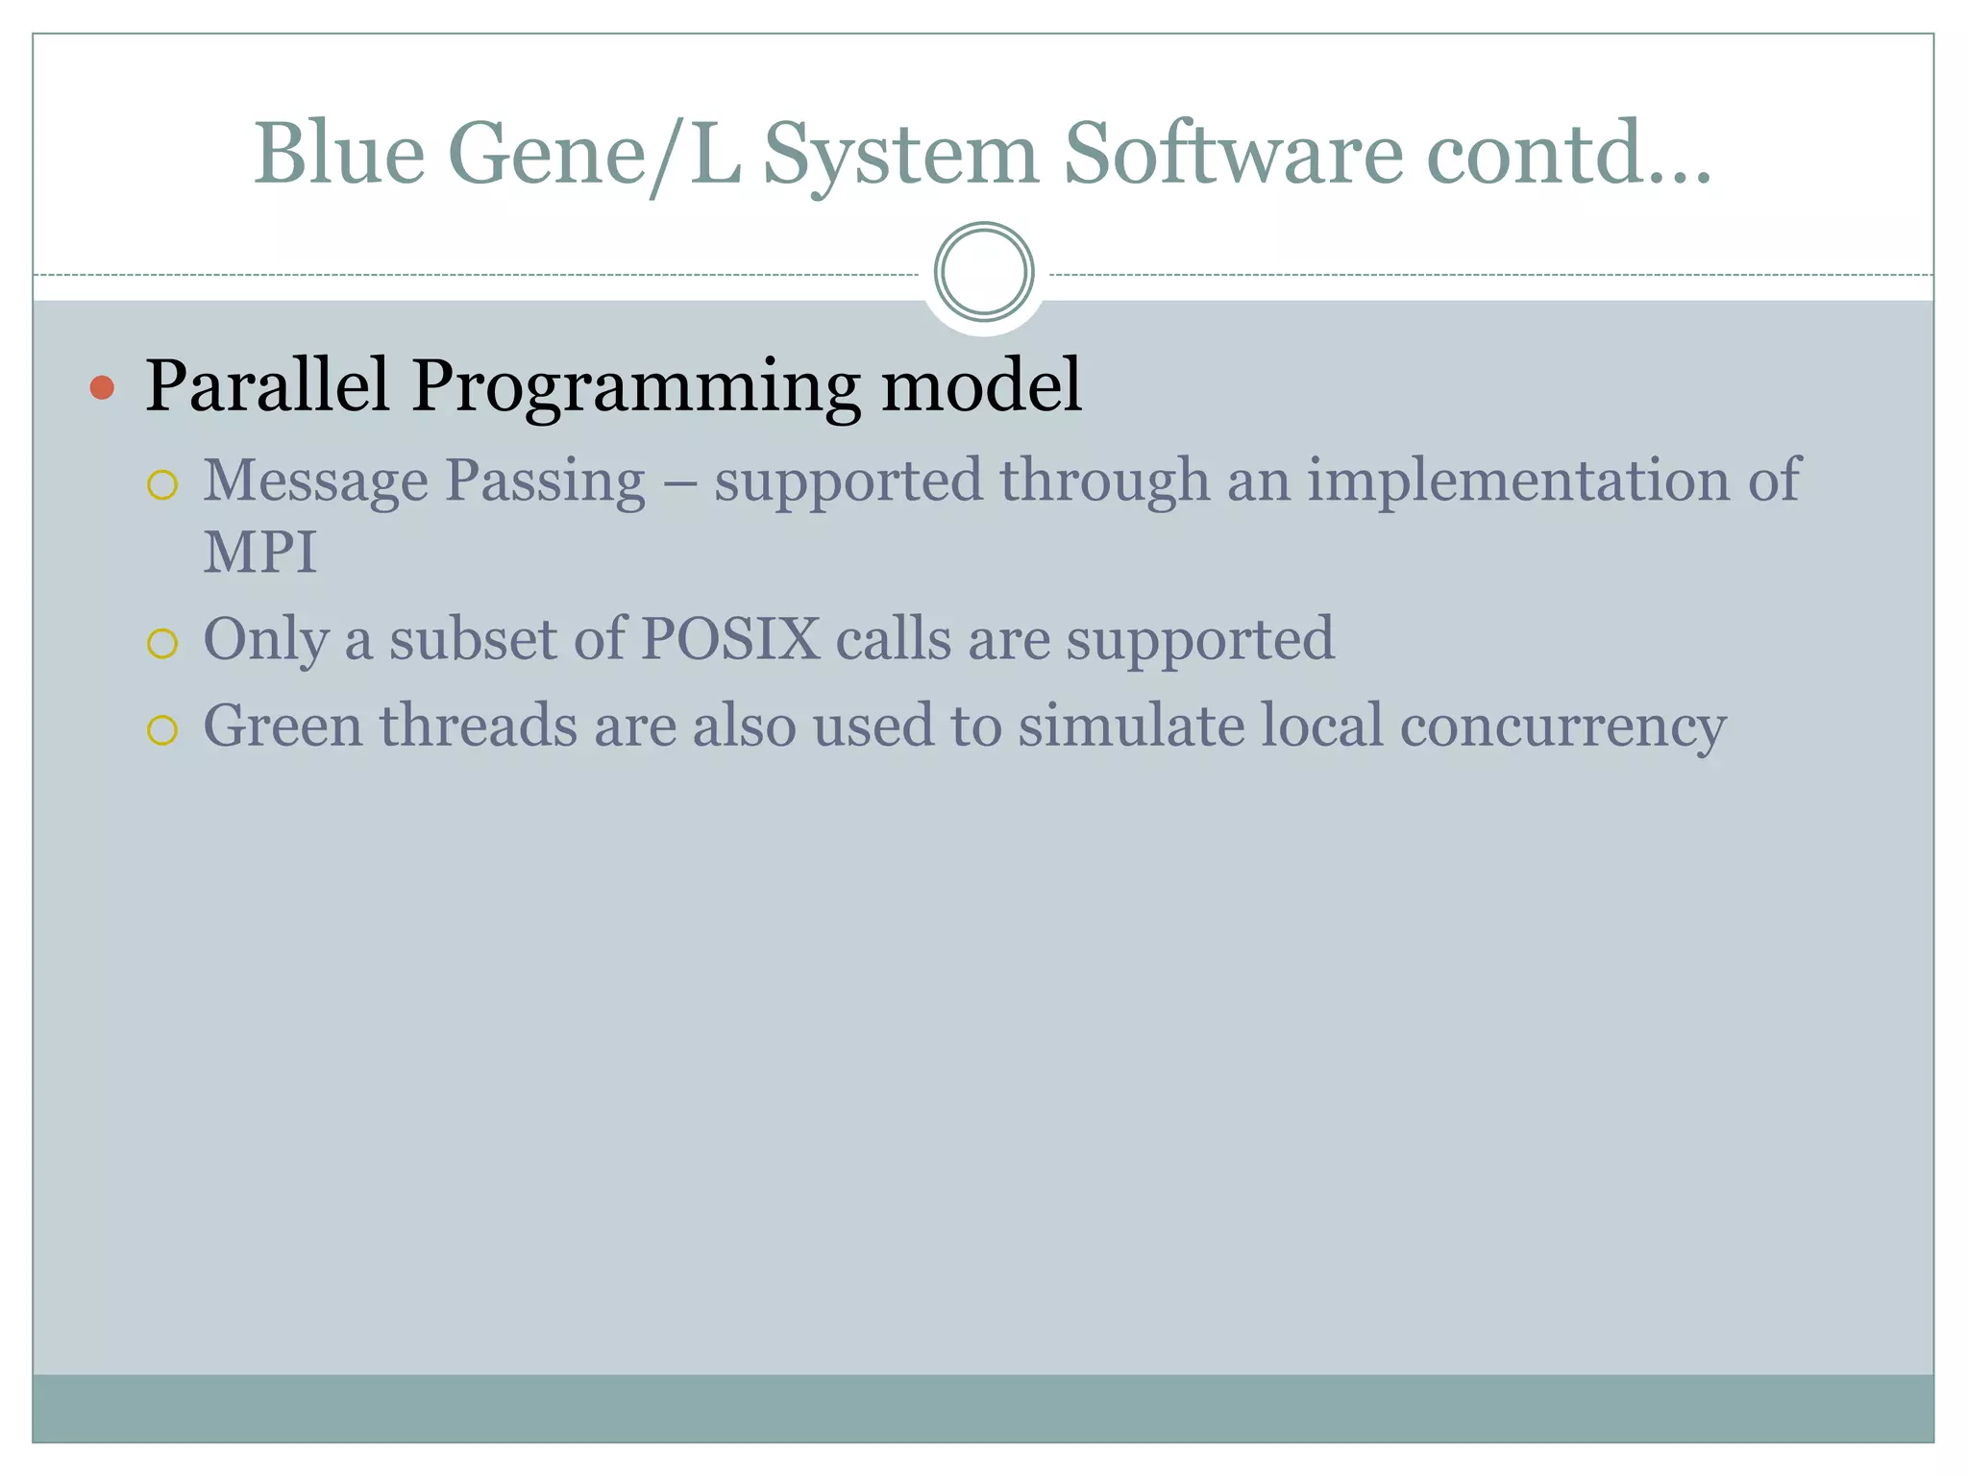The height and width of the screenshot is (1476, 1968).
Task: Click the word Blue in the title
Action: tap(339, 154)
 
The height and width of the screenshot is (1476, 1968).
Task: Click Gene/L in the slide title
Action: tap(595, 154)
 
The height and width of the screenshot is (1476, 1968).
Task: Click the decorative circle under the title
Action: tap(983, 272)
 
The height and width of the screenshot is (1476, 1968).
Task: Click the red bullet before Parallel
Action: tap(102, 388)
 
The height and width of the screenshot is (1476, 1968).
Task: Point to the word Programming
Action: tap(635, 386)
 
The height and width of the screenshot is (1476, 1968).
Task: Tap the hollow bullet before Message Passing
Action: tap(162, 485)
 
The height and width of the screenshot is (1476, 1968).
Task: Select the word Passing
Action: tap(545, 480)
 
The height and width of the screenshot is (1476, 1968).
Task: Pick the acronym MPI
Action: tap(259, 553)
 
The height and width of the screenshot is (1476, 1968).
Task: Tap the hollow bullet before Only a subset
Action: tap(162, 644)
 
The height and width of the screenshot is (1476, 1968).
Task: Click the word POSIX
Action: tap(730, 638)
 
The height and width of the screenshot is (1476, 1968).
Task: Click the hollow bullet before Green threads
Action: tap(162, 730)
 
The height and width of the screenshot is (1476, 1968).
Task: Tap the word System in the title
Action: tap(900, 154)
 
